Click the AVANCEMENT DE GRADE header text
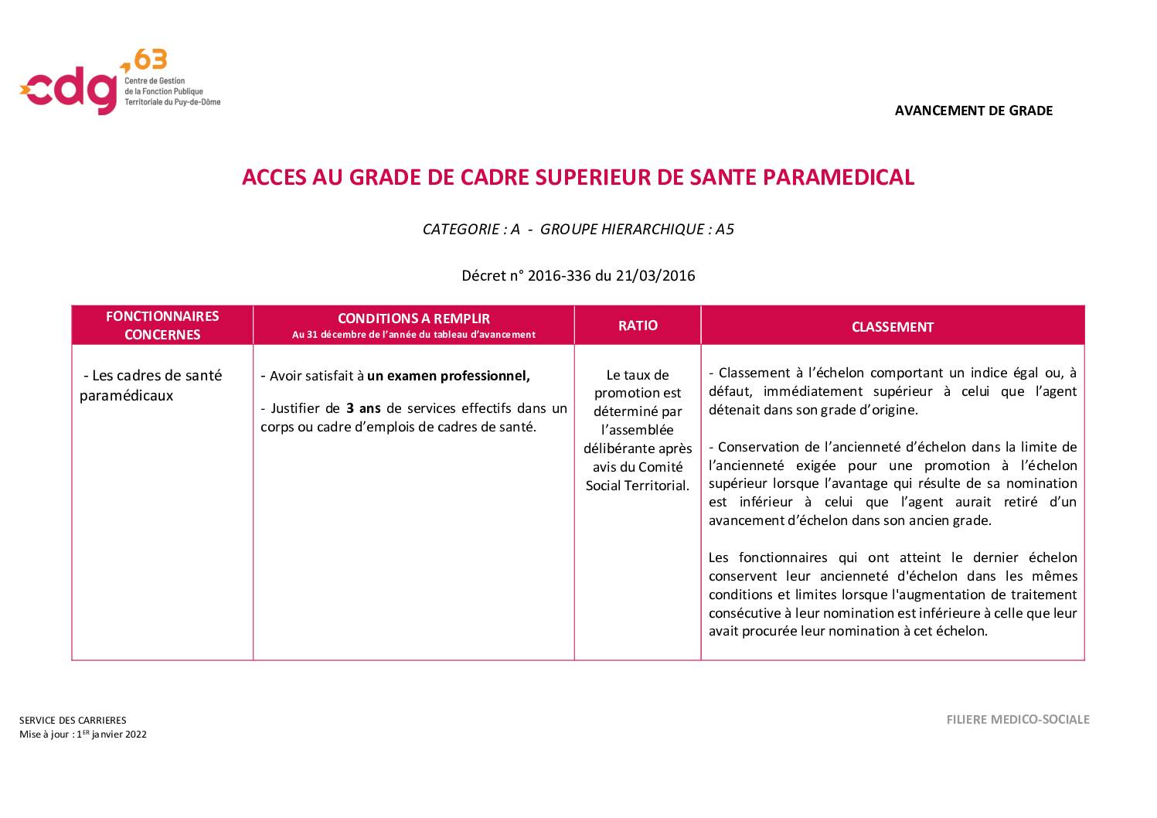[x=973, y=111]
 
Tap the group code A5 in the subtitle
[x=724, y=229]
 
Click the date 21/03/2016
[x=655, y=275]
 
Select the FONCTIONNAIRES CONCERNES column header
[x=162, y=325]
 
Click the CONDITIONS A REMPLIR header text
[x=413, y=319]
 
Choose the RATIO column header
[x=638, y=325]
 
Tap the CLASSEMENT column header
[x=892, y=327]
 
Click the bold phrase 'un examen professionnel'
[x=448, y=377]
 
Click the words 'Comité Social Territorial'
[x=638, y=476]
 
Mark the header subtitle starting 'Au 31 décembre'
[x=413, y=335]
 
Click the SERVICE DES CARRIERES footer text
[x=73, y=720]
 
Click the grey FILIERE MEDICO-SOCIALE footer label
[x=1018, y=720]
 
